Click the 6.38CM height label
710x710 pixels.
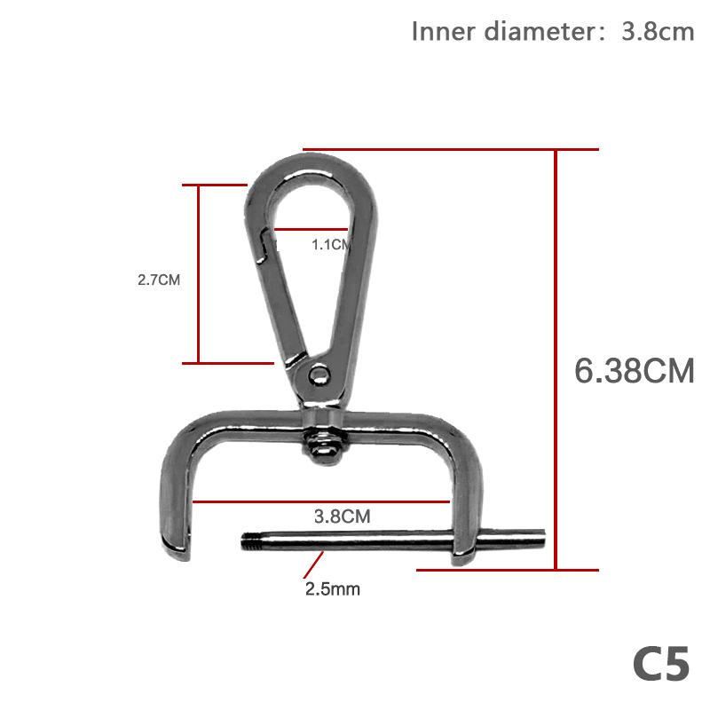pyautogui.click(x=634, y=370)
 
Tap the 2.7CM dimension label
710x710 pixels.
pyautogui.click(x=159, y=280)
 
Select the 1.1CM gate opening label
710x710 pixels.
pyautogui.click(x=330, y=245)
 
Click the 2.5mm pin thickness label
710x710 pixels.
pyautogui.click(x=333, y=588)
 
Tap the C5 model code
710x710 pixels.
pyautogui.click(x=660, y=665)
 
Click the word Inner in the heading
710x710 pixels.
pyautogui.click(x=443, y=32)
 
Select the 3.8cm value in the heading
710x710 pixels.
pyautogui.click(x=658, y=32)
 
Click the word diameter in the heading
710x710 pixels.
pyautogui.click(x=537, y=32)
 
